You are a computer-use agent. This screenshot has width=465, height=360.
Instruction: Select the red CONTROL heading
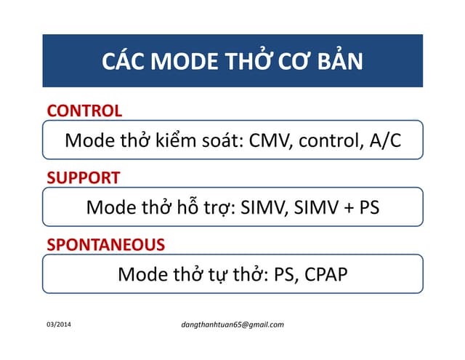coord(84,111)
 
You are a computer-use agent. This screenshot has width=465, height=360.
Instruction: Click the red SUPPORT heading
coord(84,177)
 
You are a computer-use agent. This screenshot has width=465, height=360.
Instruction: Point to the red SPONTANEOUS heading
coord(106,244)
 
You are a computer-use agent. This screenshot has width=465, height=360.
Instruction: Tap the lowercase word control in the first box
coord(325,140)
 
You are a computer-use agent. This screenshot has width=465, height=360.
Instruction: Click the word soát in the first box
coord(221,140)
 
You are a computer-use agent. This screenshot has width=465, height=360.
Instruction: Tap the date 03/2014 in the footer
coord(60,324)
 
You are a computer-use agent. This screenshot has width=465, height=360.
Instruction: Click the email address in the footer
coord(232,324)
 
